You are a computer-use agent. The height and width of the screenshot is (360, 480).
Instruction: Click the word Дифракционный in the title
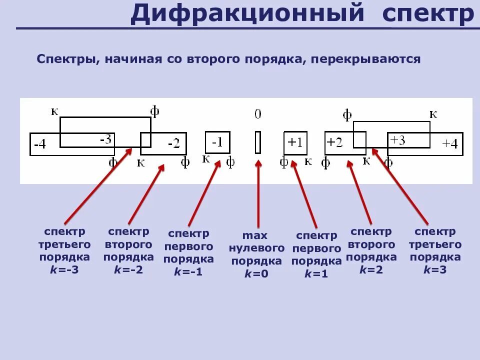(x=247, y=13)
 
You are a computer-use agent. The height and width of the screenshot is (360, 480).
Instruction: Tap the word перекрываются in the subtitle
(x=365, y=59)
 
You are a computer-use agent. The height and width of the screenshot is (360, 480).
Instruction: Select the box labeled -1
(x=217, y=142)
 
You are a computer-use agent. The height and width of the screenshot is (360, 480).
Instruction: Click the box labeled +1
(x=295, y=142)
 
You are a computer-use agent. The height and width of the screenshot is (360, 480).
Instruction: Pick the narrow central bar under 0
(x=258, y=142)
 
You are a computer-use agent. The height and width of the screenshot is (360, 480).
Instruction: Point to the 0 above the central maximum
(x=257, y=114)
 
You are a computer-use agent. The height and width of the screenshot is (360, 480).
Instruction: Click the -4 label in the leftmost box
(x=39, y=145)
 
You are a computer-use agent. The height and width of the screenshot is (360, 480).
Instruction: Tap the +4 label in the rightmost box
(x=450, y=144)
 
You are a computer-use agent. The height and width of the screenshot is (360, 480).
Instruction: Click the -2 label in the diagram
(x=173, y=144)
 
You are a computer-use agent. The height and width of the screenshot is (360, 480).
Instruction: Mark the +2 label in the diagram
(x=334, y=142)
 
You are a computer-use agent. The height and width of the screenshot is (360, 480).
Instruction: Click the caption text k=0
(x=256, y=273)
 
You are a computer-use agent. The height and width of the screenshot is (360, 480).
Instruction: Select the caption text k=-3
(x=64, y=269)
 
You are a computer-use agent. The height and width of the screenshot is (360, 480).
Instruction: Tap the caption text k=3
(x=435, y=269)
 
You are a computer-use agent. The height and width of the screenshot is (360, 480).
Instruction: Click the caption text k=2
(x=371, y=269)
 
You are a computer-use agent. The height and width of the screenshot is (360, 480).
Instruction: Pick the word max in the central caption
(x=255, y=235)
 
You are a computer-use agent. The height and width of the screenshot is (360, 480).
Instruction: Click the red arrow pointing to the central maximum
(x=258, y=195)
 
